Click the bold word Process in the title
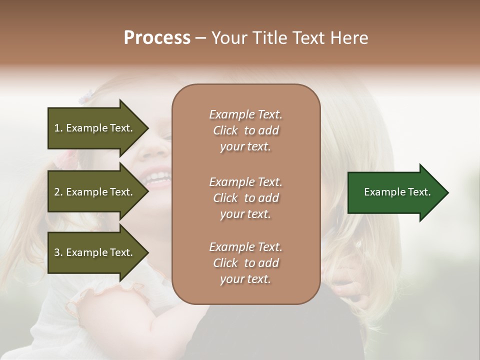157,38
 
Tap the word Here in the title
350,38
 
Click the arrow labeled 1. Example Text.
95,128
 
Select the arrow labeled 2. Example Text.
95,192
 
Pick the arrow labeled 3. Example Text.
95,252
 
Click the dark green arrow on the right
395,192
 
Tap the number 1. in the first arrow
58,128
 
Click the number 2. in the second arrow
58,192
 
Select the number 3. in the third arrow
58,252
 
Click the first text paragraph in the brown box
245,130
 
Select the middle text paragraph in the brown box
245,197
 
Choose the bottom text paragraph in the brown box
245,263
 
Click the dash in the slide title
201,38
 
